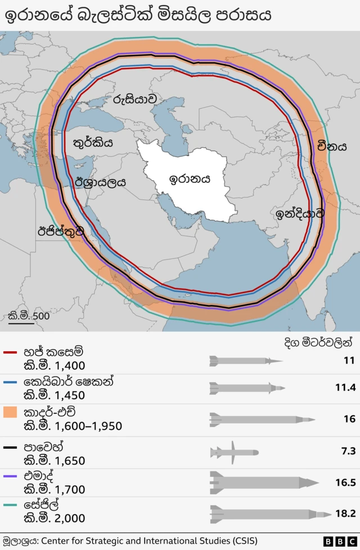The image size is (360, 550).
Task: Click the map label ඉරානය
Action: (x=190, y=179)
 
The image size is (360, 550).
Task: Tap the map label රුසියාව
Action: (x=134, y=99)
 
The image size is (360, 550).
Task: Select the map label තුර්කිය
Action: (x=93, y=143)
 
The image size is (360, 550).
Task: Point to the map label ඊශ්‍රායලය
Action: (x=100, y=182)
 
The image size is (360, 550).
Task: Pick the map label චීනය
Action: (x=331, y=147)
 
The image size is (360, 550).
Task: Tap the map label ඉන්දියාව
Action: (x=300, y=213)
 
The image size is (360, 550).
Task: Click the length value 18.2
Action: (x=345, y=513)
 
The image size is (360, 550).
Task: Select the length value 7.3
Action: (x=348, y=451)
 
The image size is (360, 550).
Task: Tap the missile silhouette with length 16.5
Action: (x=264, y=482)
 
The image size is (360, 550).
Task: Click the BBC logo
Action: (x=336, y=542)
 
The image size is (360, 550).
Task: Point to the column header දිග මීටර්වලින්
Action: (x=318, y=341)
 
